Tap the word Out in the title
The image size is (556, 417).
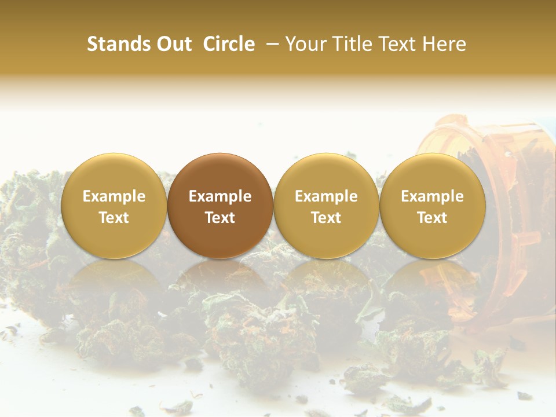(174, 44)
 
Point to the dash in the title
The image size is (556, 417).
(270, 45)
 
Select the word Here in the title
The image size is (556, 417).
(445, 44)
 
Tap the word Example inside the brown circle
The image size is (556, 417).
(220, 196)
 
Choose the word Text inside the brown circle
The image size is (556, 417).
(220, 218)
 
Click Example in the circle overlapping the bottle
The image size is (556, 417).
(433, 196)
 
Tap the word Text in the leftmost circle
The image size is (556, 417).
(114, 218)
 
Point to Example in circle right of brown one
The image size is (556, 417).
(326, 196)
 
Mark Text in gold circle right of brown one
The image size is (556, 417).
(326, 218)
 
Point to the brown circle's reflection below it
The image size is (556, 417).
(220, 284)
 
